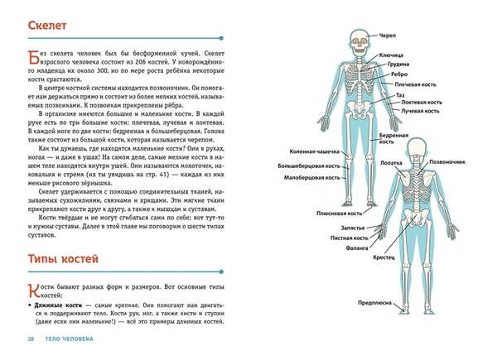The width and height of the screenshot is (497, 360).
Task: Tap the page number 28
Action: (x=31, y=340)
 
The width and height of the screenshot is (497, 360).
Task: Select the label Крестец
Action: (x=383, y=257)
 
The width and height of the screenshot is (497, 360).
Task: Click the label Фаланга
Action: (x=357, y=246)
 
